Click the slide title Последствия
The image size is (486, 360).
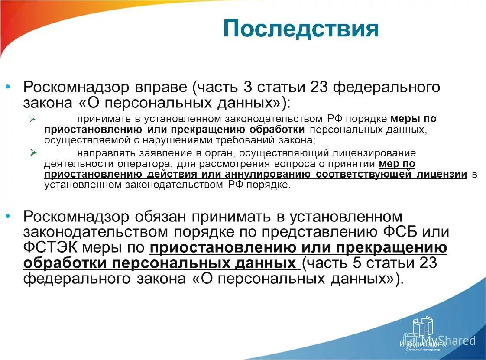[x=301, y=29]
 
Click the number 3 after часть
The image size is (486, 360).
[x=248, y=87]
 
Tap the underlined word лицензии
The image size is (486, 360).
[x=441, y=174]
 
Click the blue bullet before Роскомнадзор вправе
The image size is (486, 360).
[x=7, y=88]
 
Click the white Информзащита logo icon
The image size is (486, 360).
[x=422, y=328]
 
